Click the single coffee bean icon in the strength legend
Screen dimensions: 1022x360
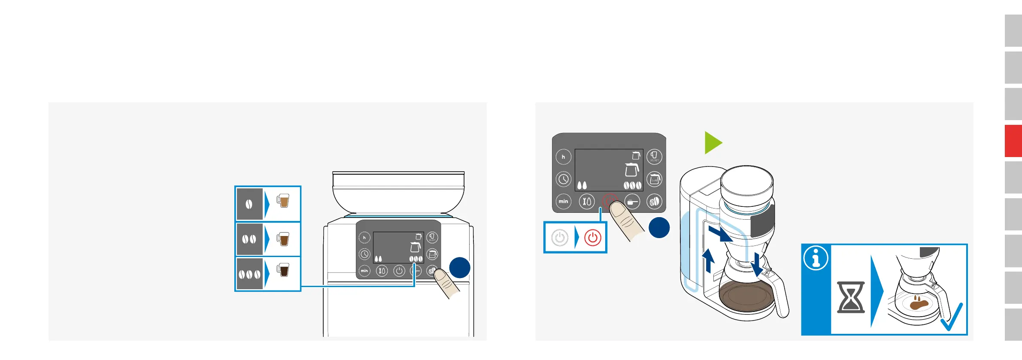coord(249,204)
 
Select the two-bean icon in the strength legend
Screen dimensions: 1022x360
coord(249,239)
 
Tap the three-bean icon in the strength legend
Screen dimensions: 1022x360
coord(249,274)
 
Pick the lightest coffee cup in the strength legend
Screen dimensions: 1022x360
coord(283,200)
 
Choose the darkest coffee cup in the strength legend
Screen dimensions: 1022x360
coord(283,270)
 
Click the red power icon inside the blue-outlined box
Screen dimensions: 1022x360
coord(592,237)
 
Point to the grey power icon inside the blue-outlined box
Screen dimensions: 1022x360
coord(560,237)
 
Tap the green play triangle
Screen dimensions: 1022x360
coord(713,143)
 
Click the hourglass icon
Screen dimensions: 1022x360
coord(851,297)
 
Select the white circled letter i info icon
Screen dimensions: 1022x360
coord(816,258)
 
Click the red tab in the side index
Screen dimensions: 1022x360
coord(1013,141)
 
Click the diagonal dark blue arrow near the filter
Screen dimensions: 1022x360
coord(720,233)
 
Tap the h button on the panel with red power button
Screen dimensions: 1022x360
coord(563,157)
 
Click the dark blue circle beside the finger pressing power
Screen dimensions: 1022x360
coord(659,227)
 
